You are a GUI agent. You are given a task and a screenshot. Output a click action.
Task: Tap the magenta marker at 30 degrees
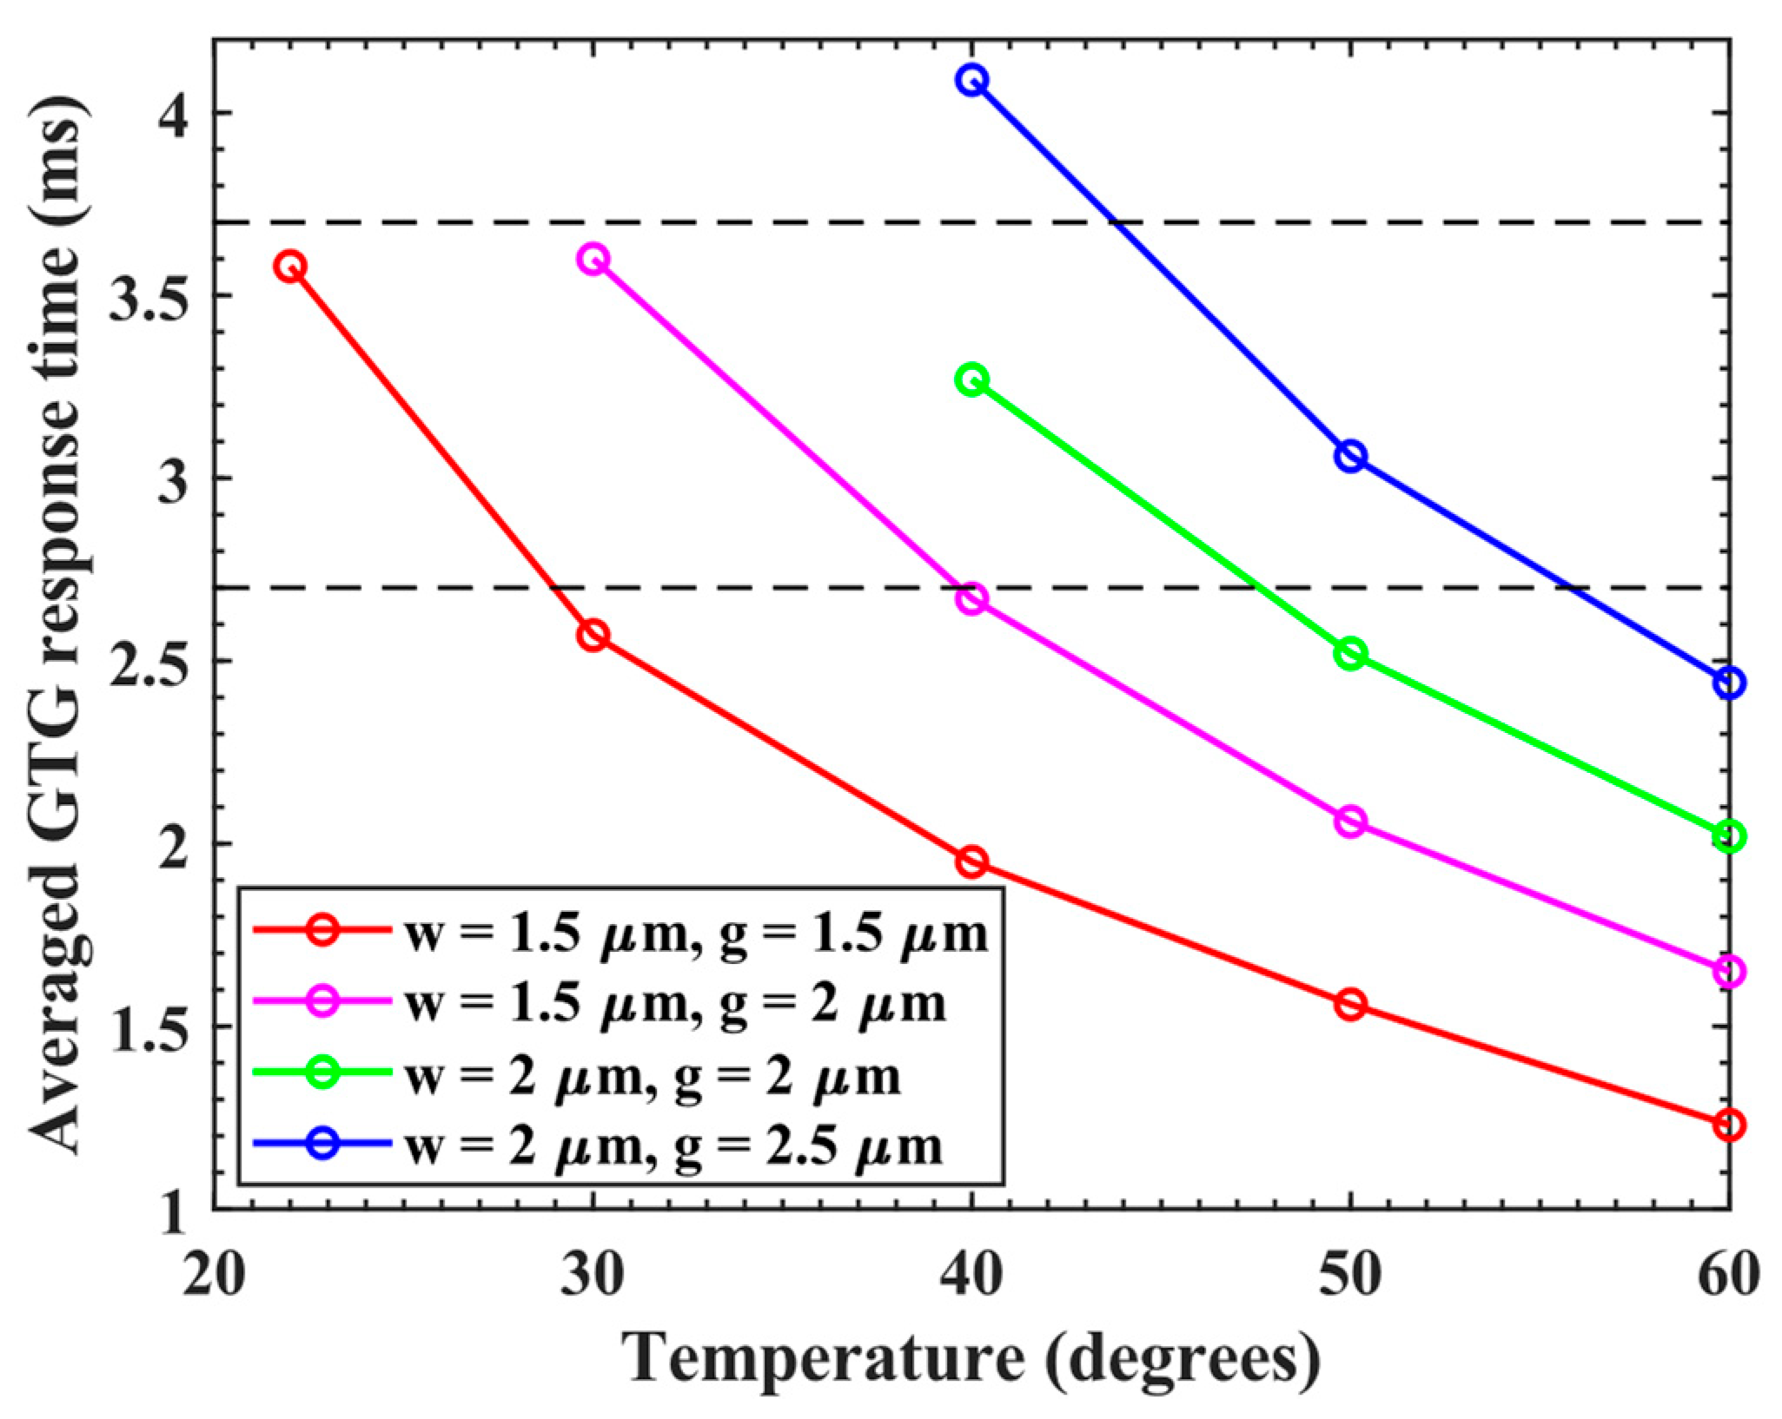[593, 259]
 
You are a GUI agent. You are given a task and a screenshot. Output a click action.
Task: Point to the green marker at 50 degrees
[1350, 653]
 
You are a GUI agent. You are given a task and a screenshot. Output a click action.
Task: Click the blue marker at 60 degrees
[1728, 683]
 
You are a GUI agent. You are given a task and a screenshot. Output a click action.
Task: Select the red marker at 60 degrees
[1728, 1125]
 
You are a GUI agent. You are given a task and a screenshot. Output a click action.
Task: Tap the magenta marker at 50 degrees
[1350, 821]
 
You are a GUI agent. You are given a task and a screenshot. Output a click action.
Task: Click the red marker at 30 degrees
[593, 635]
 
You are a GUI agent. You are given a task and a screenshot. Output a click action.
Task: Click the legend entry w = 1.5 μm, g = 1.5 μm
[695, 935]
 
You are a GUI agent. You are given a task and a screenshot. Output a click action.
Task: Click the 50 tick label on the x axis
[1350, 1276]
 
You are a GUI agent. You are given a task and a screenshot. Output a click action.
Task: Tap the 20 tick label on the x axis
[213, 1276]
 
